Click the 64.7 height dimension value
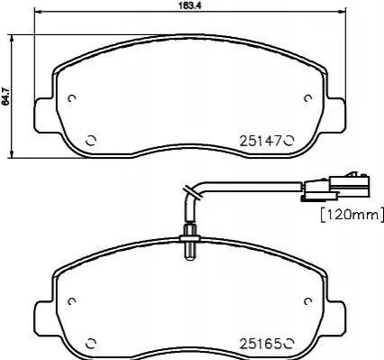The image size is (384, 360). pos(6,97)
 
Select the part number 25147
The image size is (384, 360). pos(261,141)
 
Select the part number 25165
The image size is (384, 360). pos(261,344)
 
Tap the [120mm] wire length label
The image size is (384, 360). pos(352,215)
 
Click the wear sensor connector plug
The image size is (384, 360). pos(335,187)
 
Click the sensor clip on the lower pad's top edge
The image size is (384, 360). pos(189,242)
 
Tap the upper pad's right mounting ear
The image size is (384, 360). pos(334,115)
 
